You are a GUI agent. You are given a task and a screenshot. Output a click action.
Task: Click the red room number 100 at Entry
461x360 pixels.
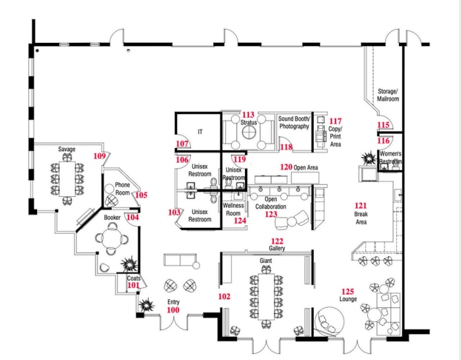pos(173,310)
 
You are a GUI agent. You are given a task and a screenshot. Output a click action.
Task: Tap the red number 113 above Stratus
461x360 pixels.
pos(249,115)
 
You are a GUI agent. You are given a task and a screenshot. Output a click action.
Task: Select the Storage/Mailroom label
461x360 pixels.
pos(388,94)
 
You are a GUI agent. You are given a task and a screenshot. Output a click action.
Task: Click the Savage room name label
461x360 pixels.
pos(66,149)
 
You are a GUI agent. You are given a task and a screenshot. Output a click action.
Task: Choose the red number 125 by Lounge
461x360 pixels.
pos(347,291)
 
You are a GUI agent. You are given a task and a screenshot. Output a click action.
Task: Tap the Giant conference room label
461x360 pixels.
pos(266,261)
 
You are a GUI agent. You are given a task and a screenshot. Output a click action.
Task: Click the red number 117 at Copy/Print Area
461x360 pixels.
pos(336,122)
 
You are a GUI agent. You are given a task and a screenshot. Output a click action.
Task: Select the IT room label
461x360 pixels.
pos(200,132)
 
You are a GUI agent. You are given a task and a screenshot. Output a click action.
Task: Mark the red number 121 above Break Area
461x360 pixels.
pos(361,206)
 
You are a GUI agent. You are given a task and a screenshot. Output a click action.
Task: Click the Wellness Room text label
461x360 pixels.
pos(234,209)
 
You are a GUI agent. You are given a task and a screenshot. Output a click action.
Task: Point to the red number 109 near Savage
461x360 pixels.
pos(100,156)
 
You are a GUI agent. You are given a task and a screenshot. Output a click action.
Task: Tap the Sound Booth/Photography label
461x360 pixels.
pos(294,122)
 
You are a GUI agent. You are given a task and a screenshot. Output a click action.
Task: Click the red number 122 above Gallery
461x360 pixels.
pos(277,241)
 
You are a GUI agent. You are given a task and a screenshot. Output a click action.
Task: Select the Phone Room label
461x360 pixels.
pos(123,189)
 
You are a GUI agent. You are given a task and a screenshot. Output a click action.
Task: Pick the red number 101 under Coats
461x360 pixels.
pos(133,285)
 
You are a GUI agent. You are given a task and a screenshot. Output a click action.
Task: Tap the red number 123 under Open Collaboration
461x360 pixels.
pos(271,214)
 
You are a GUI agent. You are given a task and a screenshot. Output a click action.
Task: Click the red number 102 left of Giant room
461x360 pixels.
pos(224,297)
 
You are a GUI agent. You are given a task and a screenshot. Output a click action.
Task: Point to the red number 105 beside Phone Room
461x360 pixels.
pos(141,195)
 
